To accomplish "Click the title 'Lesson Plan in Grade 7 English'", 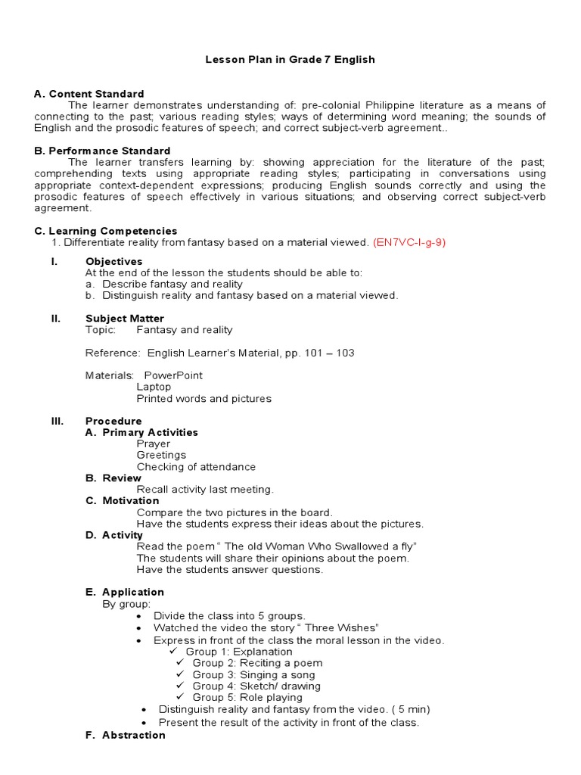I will pyautogui.click(x=290, y=59).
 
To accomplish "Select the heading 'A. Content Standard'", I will pyautogui.click(x=89, y=94).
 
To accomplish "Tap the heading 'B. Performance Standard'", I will pyautogui.click(x=102, y=151).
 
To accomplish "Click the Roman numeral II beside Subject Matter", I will pyautogui.click(x=55, y=319).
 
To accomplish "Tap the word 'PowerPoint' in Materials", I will pyautogui.click(x=173, y=375).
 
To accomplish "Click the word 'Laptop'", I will pyautogui.click(x=154, y=387).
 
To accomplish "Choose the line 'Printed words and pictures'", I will pyautogui.click(x=204, y=398).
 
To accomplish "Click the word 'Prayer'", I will pyautogui.click(x=154, y=444).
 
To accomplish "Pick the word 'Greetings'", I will pyautogui.click(x=161, y=456).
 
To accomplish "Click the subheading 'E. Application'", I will pyautogui.click(x=125, y=592).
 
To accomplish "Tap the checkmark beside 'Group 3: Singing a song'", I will pyautogui.click(x=180, y=674).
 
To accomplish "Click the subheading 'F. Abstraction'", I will pyautogui.click(x=126, y=735).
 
